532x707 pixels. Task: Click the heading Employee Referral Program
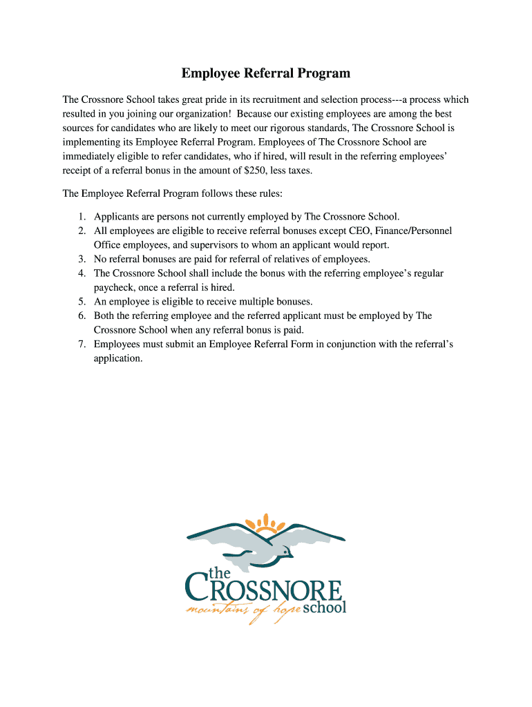tap(266, 73)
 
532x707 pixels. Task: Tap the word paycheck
tap(115, 287)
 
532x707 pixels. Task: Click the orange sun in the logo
tap(267, 523)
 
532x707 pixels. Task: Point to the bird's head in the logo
tap(285, 550)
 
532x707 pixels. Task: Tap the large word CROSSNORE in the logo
tap(266, 591)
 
